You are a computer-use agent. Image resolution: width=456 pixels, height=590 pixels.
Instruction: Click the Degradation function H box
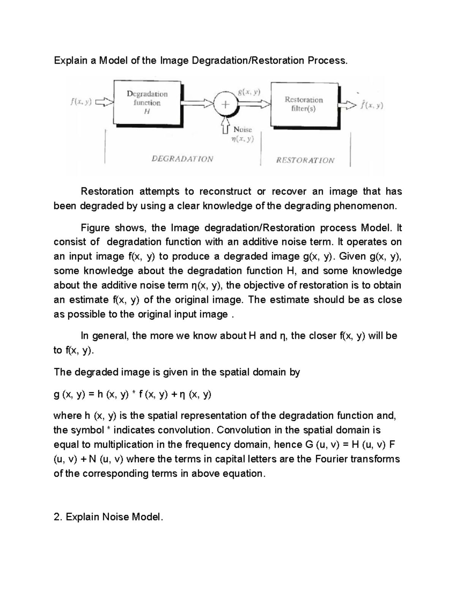tap(147, 102)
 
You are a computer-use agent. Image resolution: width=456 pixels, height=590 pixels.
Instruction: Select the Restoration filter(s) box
tap(304, 104)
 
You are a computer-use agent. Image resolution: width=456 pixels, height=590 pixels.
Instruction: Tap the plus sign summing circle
tap(226, 105)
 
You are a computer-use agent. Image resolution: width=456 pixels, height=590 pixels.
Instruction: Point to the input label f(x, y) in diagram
tap(81, 102)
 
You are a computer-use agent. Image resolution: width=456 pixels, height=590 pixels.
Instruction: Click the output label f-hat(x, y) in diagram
tap(372, 105)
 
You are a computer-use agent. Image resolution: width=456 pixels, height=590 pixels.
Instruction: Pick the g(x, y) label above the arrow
tap(249, 92)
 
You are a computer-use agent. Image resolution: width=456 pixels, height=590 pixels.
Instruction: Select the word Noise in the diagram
tap(242, 130)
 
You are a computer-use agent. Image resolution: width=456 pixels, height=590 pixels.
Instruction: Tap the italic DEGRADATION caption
tap(182, 159)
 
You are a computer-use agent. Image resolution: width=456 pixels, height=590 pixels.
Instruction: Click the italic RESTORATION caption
tap(305, 160)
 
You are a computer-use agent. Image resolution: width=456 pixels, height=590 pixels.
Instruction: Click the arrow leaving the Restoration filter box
tap(348, 105)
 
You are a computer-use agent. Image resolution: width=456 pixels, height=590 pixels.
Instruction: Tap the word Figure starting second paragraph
tap(94, 228)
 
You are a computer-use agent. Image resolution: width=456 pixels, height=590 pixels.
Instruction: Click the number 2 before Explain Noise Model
tap(57, 517)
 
